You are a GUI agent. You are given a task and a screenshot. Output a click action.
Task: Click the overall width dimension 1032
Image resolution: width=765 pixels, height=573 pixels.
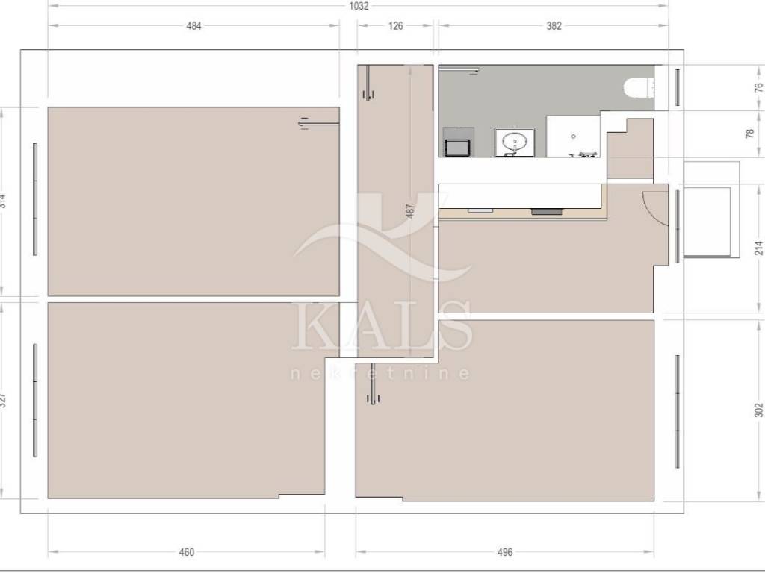359,6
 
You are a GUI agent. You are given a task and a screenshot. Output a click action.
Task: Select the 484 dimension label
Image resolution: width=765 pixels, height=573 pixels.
193,26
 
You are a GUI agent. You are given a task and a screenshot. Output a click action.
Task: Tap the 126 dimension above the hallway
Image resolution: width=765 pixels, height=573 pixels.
395,26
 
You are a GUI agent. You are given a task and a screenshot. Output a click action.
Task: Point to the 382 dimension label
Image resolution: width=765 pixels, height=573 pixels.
554,26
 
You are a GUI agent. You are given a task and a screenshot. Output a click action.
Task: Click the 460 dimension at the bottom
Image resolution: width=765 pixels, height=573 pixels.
186,552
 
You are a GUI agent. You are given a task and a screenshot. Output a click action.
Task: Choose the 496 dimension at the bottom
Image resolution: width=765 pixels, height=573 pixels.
505,552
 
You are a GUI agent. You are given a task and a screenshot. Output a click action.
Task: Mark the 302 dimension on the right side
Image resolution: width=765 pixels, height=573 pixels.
758,410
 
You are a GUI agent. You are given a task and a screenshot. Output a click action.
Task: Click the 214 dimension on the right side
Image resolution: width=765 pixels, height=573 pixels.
758,248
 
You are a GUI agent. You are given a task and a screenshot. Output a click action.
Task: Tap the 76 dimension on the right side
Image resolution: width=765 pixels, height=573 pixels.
758,88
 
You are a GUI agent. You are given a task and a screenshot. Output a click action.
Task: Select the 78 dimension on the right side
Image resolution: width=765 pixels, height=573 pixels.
750,133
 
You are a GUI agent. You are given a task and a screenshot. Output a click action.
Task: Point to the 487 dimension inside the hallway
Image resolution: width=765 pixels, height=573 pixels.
410,211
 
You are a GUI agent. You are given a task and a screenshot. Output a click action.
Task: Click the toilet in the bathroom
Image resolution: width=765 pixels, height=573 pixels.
638,88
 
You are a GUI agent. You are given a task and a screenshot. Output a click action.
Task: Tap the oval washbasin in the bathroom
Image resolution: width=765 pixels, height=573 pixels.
515,143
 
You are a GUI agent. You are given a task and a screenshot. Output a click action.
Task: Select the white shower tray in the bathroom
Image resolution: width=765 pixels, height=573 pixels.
573,137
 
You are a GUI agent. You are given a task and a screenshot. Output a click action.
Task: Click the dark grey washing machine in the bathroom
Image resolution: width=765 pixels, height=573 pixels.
458,143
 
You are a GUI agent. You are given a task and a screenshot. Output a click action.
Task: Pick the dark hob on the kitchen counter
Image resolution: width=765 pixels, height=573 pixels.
546,212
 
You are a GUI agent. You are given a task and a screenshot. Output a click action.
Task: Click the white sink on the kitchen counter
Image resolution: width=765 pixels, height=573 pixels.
480,211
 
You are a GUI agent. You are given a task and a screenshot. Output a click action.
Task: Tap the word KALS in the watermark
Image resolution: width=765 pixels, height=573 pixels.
382,325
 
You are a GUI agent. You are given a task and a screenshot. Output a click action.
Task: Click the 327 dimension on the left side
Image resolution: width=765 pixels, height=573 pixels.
3,400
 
